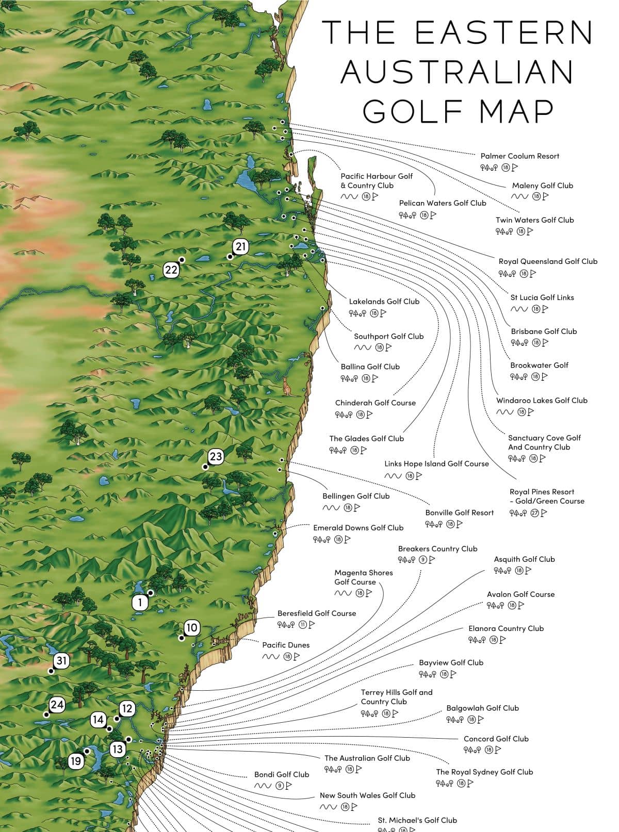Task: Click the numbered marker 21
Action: point(241,247)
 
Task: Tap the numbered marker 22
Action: point(171,270)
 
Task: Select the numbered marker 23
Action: point(216,457)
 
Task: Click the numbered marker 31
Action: point(61,661)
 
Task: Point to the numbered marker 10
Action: point(191,628)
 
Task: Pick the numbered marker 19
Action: point(76,761)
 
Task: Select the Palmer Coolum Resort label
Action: point(519,156)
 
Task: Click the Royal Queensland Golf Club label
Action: point(547,261)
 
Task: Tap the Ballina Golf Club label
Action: point(370,367)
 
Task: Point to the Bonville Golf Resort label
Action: point(459,513)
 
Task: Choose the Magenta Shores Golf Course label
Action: point(363,577)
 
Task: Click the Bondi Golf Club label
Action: point(282,775)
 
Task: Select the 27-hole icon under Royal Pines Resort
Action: point(534,513)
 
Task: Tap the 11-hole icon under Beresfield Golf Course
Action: point(303,625)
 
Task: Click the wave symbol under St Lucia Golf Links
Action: point(519,309)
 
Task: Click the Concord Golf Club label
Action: point(496,739)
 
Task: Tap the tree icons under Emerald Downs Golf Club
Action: point(321,540)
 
